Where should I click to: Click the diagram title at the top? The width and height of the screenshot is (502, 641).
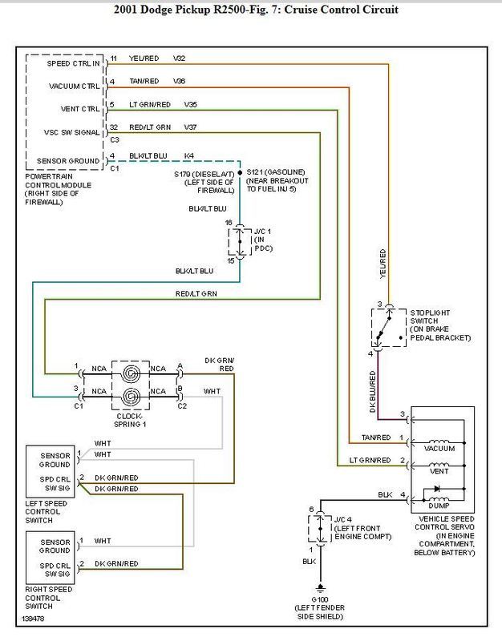coord(251,10)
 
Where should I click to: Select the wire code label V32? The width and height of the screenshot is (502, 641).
coord(179,58)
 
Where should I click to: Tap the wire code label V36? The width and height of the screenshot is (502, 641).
coord(179,81)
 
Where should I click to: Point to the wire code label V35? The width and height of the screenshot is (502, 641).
coord(191,104)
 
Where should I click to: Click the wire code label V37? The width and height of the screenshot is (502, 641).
coord(191,127)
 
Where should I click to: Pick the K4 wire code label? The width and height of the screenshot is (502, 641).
coord(188,155)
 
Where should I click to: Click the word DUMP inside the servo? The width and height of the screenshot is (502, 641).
coord(438,506)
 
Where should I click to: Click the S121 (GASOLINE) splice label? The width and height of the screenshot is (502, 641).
coord(276,171)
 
